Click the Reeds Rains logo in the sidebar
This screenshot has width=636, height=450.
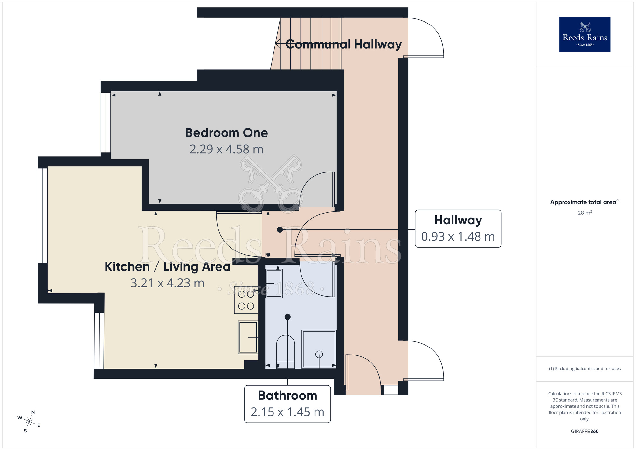tap(584, 34)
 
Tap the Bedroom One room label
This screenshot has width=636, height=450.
tap(226, 133)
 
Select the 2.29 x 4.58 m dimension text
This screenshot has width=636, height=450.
tap(226, 149)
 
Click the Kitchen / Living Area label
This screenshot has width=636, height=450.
tap(167, 267)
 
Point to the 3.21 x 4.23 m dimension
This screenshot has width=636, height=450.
tap(167, 283)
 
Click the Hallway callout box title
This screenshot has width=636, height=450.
tap(458, 220)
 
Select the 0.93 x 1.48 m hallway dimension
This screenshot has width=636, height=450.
tap(458, 237)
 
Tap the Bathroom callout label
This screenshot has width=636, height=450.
tap(287, 396)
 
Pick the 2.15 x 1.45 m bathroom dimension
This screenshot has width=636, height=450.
tap(287, 412)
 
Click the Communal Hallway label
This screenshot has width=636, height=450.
tap(343, 44)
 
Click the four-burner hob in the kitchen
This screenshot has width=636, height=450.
tap(246, 300)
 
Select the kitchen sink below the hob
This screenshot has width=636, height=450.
tap(248, 337)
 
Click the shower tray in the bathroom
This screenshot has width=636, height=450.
tap(319, 349)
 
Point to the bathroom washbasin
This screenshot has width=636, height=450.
tap(274, 283)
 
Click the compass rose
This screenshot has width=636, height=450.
tap(29, 422)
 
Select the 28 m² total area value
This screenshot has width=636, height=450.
tap(584, 213)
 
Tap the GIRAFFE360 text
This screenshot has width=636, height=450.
tap(584, 432)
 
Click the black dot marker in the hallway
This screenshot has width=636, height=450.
tap(280, 230)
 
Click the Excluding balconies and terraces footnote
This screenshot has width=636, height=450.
tap(584, 369)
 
